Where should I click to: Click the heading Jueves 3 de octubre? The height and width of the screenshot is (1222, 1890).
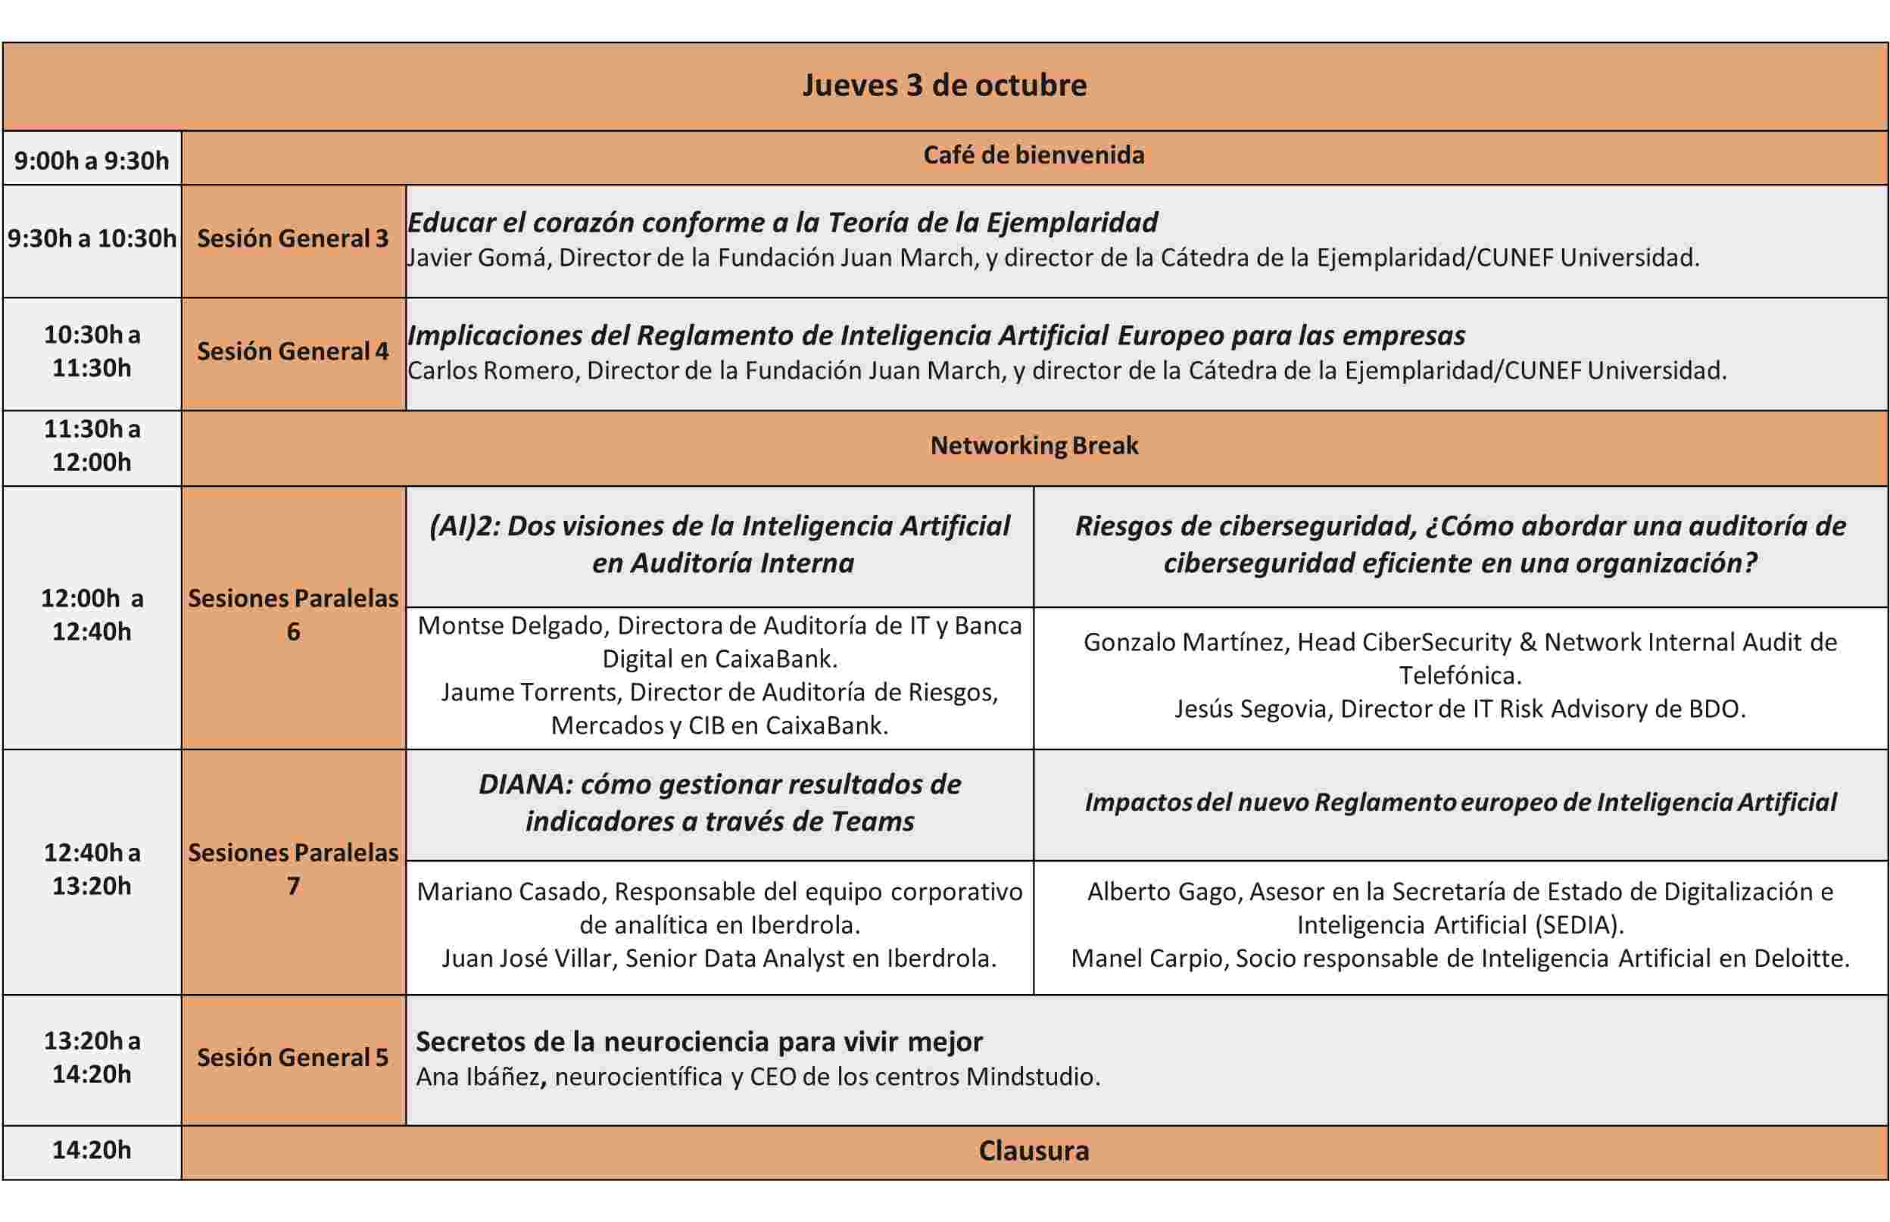click(x=944, y=86)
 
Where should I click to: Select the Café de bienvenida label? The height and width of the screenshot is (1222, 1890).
click(x=1033, y=155)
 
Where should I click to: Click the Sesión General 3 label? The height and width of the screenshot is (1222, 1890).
click(x=293, y=238)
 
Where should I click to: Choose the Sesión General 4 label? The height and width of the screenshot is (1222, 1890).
click(x=293, y=351)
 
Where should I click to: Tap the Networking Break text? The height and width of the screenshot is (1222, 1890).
click(x=1034, y=446)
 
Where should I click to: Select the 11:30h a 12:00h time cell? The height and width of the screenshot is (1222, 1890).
click(x=92, y=446)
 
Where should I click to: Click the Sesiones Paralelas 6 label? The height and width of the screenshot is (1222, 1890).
click(x=293, y=615)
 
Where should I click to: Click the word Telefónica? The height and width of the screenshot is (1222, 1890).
click(x=1458, y=676)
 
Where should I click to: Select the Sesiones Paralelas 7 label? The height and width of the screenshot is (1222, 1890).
click(x=293, y=870)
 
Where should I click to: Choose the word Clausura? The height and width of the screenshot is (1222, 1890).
click(x=1033, y=1152)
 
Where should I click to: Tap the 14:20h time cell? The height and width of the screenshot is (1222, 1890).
click(x=92, y=1151)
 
